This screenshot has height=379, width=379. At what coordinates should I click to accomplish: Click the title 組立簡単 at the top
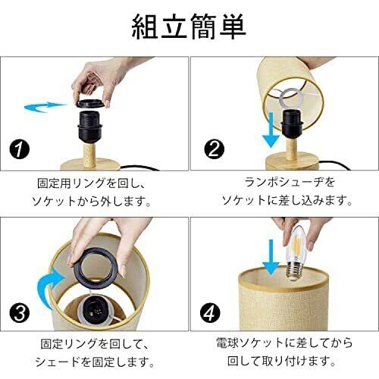pos(189,27)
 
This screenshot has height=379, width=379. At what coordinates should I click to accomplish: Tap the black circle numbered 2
pos(214,149)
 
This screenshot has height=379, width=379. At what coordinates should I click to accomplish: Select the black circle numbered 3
pos(20,313)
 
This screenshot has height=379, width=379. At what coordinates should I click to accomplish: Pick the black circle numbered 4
pos(210,312)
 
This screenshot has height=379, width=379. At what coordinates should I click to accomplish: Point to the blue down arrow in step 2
pos(271,130)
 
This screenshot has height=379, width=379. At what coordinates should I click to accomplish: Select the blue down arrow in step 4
pos(271,257)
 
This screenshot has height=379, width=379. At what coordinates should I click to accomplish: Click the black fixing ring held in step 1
pos(90,103)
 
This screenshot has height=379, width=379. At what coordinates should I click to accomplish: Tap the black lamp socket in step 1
pos(90,126)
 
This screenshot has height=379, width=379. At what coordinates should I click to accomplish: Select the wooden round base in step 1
pos(90,164)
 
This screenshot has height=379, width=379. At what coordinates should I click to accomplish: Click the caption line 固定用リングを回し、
pos(92,183)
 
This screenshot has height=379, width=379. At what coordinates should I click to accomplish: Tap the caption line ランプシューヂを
pos(290,182)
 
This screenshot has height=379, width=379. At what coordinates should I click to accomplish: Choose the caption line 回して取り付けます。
pos(282,361)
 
